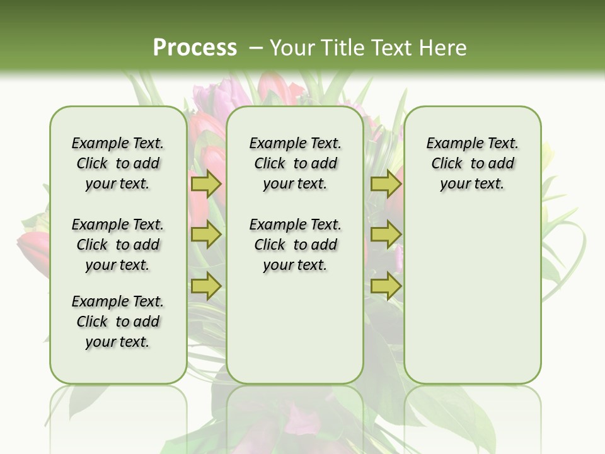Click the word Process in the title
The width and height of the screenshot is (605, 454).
click(x=195, y=47)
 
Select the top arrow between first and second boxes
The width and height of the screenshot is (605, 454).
click(x=206, y=184)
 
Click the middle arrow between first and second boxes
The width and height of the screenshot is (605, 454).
click(x=206, y=235)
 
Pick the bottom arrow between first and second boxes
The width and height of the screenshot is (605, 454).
click(x=206, y=286)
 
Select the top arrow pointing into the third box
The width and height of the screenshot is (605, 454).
click(x=386, y=184)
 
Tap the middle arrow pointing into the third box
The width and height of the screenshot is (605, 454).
click(x=386, y=235)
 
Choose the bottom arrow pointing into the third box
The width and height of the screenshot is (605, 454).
click(x=386, y=286)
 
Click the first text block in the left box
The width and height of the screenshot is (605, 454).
click(x=118, y=163)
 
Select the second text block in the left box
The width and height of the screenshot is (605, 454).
click(x=118, y=245)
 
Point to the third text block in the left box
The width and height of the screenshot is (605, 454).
click(x=118, y=322)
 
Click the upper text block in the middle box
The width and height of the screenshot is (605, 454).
click(x=295, y=163)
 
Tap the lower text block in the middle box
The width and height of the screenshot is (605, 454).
click(x=295, y=245)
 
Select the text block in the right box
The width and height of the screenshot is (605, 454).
click(x=473, y=163)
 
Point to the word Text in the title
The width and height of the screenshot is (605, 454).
click(x=391, y=47)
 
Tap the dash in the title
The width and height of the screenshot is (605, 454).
click(x=256, y=47)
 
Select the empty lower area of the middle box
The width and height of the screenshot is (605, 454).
click(x=295, y=328)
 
